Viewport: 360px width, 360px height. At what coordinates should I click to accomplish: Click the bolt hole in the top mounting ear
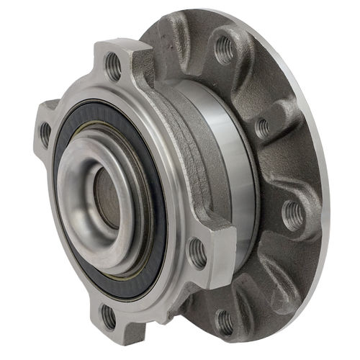[114, 68]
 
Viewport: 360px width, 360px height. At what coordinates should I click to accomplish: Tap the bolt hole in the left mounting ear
[45, 132]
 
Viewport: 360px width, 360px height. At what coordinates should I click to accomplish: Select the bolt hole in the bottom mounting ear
[109, 315]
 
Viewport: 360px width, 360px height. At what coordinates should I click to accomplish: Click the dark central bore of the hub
[107, 198]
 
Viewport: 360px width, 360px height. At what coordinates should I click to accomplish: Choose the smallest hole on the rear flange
[263, 128]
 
